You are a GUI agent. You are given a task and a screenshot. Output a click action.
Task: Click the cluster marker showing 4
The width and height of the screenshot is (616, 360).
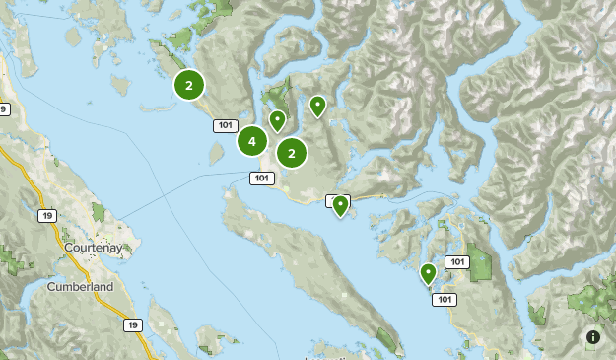click(252, 142)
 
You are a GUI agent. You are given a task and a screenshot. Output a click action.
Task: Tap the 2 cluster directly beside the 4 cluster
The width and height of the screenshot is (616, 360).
click(291, 153)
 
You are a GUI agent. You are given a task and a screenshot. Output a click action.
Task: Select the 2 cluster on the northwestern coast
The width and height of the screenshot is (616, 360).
click(188, 86)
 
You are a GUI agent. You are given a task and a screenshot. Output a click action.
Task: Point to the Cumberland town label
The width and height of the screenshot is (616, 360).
click(80, 287)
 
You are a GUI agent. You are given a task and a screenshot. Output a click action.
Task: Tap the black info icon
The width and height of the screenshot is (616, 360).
click(592, 337)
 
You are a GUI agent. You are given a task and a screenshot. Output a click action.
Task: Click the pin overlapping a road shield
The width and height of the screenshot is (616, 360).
click(340, 205)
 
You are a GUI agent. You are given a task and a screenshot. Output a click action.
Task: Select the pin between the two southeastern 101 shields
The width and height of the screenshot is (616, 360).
click(428, 273)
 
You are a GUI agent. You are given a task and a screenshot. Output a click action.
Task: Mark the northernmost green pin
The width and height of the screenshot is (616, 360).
click(317, 106)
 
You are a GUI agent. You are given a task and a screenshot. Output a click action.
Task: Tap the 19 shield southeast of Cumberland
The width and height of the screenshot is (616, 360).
click(132, 324)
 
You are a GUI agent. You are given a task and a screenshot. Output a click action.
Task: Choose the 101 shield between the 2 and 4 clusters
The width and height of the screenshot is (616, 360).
click(225, 125)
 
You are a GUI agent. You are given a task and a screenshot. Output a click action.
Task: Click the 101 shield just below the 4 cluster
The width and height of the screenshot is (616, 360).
click(260, 178)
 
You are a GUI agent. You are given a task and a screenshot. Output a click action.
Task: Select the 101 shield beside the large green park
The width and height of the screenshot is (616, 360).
click(456, 261)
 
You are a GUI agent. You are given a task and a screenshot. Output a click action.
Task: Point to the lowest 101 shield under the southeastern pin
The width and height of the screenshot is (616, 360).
click(445, 300)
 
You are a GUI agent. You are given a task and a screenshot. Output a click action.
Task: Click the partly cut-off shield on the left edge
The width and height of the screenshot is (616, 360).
click(4, 109)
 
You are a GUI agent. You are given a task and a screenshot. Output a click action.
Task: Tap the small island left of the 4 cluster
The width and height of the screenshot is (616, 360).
click(214, 154)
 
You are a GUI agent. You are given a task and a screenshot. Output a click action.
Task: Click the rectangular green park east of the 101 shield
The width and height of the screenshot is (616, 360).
click(481, 262)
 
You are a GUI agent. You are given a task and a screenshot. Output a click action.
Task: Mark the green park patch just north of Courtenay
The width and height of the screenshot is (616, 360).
click(99, 211)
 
